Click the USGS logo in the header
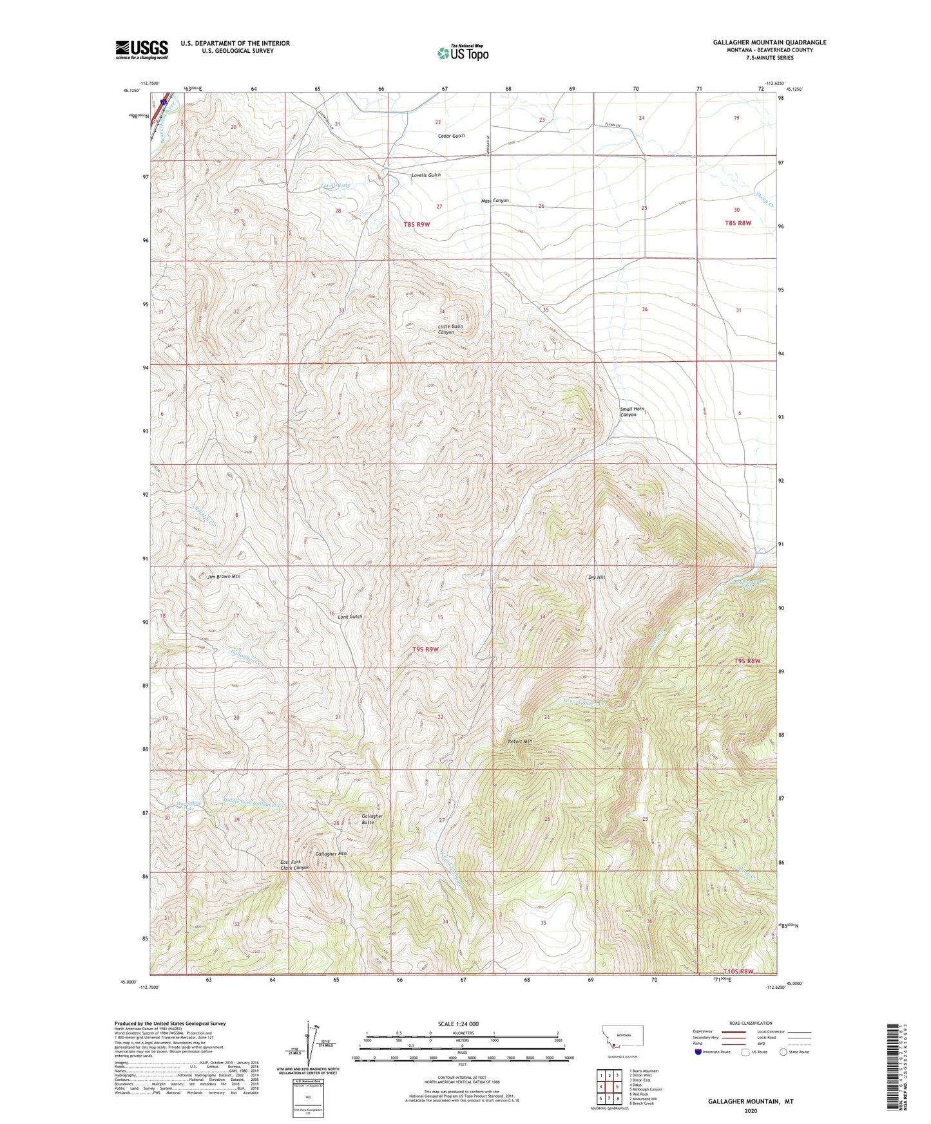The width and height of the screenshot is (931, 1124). [142, 50]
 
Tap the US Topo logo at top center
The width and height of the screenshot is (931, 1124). [462, 53]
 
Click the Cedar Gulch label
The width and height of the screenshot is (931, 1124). [451, 136]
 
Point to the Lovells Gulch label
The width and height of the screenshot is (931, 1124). [426, 175]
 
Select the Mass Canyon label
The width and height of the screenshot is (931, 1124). [495, 201]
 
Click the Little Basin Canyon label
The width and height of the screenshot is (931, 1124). [450, 329]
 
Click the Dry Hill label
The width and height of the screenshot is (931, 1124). [596, 577]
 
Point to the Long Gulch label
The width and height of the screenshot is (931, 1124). [350, 617]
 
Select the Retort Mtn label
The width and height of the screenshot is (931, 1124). [520, 741]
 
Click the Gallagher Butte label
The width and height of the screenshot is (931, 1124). [372, 819]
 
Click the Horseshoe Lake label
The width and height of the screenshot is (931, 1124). [171, 806]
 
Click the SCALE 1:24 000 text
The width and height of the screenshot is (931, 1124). [458, 1024]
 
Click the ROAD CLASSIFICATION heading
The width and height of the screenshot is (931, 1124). [751, 1023]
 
